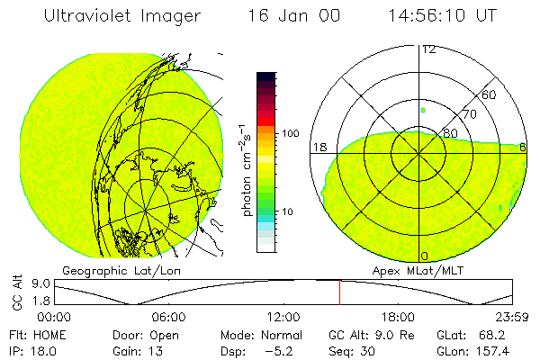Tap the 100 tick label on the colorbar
pos(289,133)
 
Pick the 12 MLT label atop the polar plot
pos(428,49)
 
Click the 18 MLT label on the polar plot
pos(319,146)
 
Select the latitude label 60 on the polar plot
pos(490,94)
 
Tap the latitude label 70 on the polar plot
pos(468,115)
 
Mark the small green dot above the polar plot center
pos(422,110)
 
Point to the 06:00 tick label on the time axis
pos(169,317)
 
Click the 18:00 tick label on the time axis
pos(398,317)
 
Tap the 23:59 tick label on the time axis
pos(512,317)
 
